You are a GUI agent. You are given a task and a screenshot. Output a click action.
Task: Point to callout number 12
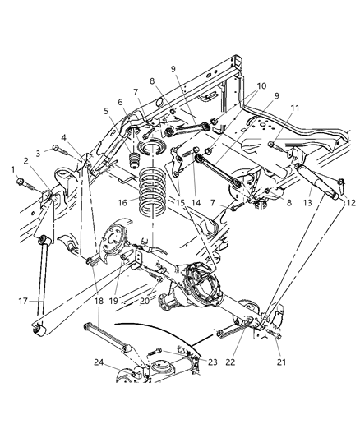click(349, 201)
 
